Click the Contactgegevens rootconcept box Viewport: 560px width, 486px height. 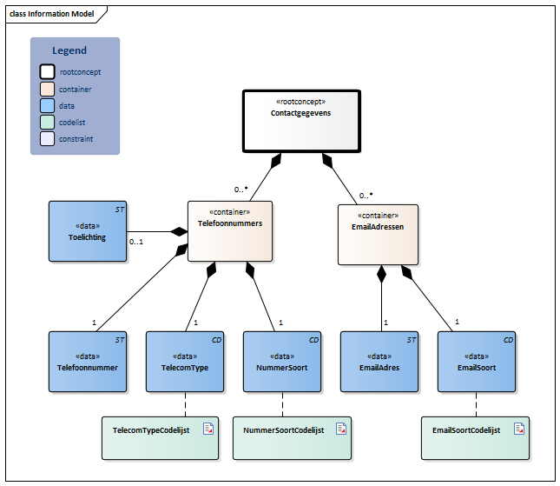click(x=300, y=122)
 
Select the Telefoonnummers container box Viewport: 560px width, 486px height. click(x=230, y=231)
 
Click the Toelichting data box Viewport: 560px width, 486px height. click(x=86, y=231)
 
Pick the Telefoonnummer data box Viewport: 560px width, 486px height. click(x=88, y=361)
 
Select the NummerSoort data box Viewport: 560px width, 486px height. click(x=283, y=361)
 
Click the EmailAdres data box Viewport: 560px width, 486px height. click(x=379, y=361)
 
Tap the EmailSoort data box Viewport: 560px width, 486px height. click(x=476, y=361)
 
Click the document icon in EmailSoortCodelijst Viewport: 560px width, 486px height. click(x=518, y=429)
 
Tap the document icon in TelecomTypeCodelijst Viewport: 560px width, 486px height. click(x=208, y=429)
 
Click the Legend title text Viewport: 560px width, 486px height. click(x=69, y=51)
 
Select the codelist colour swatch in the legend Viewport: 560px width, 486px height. click(x=47, y=122)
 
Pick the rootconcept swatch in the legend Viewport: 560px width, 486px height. click(x=47, y=72)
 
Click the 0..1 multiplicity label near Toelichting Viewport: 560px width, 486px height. click(x=135, y=242)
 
